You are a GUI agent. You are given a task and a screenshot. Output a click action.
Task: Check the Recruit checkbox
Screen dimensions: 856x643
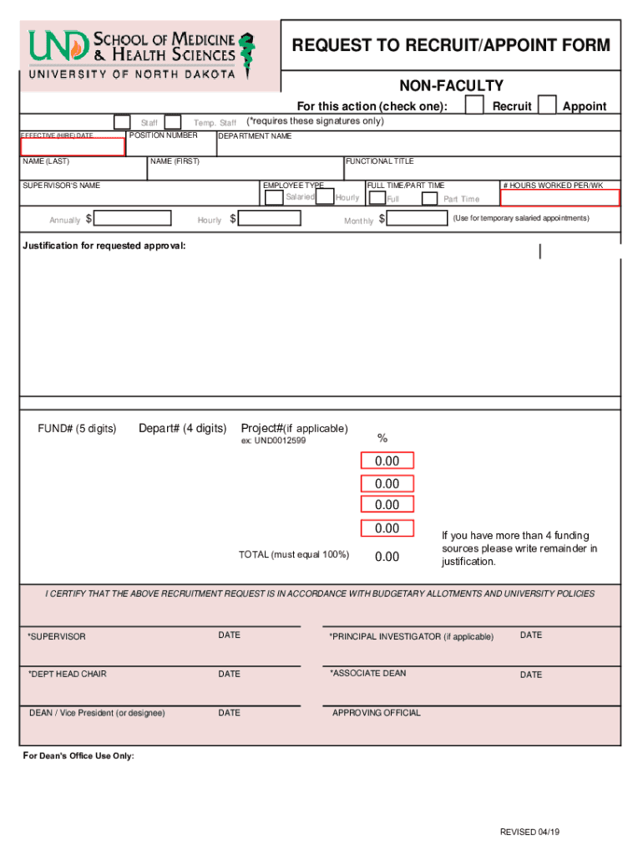tap(473, 104)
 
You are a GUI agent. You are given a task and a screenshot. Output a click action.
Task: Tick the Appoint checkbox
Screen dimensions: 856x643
tap(548, 104)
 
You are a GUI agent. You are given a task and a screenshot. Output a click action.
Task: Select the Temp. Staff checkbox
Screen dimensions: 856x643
tap(173, 122)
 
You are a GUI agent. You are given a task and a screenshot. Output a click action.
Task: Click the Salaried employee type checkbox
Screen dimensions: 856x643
tap(273, 197)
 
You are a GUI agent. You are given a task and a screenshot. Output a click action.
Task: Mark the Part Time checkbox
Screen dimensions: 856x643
tap(429, 198)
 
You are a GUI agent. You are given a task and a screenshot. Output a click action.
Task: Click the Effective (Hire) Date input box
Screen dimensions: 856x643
tap(73, 147)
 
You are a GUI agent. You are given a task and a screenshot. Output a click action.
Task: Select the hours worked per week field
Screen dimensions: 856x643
tap(559, 197)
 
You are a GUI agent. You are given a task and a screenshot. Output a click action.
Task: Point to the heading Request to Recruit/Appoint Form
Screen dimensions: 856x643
tap(451, 45)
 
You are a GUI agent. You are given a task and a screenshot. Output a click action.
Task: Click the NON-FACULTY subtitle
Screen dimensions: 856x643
tap(451, 85)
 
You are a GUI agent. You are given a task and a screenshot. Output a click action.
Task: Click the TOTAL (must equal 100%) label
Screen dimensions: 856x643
tap(294, 554)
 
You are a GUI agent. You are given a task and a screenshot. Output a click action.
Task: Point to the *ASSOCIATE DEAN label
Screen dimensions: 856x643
tap(367, 673)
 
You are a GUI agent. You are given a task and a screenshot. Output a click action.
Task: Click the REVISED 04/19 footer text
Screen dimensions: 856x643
tap(530, 832)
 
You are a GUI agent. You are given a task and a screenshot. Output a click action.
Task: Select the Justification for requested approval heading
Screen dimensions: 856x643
tap(104, 246)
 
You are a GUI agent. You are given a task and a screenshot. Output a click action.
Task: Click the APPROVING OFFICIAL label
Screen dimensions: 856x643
tap(376, 713)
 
